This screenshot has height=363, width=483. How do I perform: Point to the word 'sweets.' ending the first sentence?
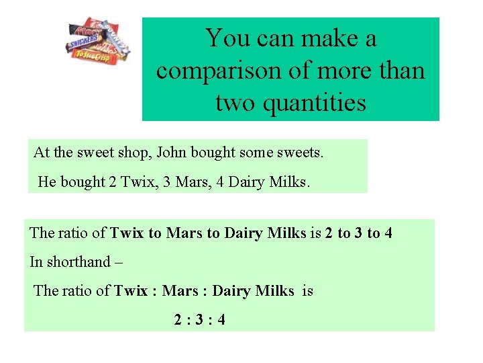[300, 153]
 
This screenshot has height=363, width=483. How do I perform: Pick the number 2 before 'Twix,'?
[112, 182]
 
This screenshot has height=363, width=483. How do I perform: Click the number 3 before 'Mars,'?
[160, 182]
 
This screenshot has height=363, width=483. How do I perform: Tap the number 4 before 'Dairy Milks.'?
[220, 182]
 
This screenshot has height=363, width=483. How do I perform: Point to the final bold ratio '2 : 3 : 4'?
[199, 319]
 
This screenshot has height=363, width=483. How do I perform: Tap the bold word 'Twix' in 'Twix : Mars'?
[130, 290]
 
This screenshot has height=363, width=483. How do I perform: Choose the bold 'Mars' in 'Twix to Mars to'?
[184, 233]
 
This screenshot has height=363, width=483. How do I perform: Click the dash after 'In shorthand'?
[118, 261]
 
